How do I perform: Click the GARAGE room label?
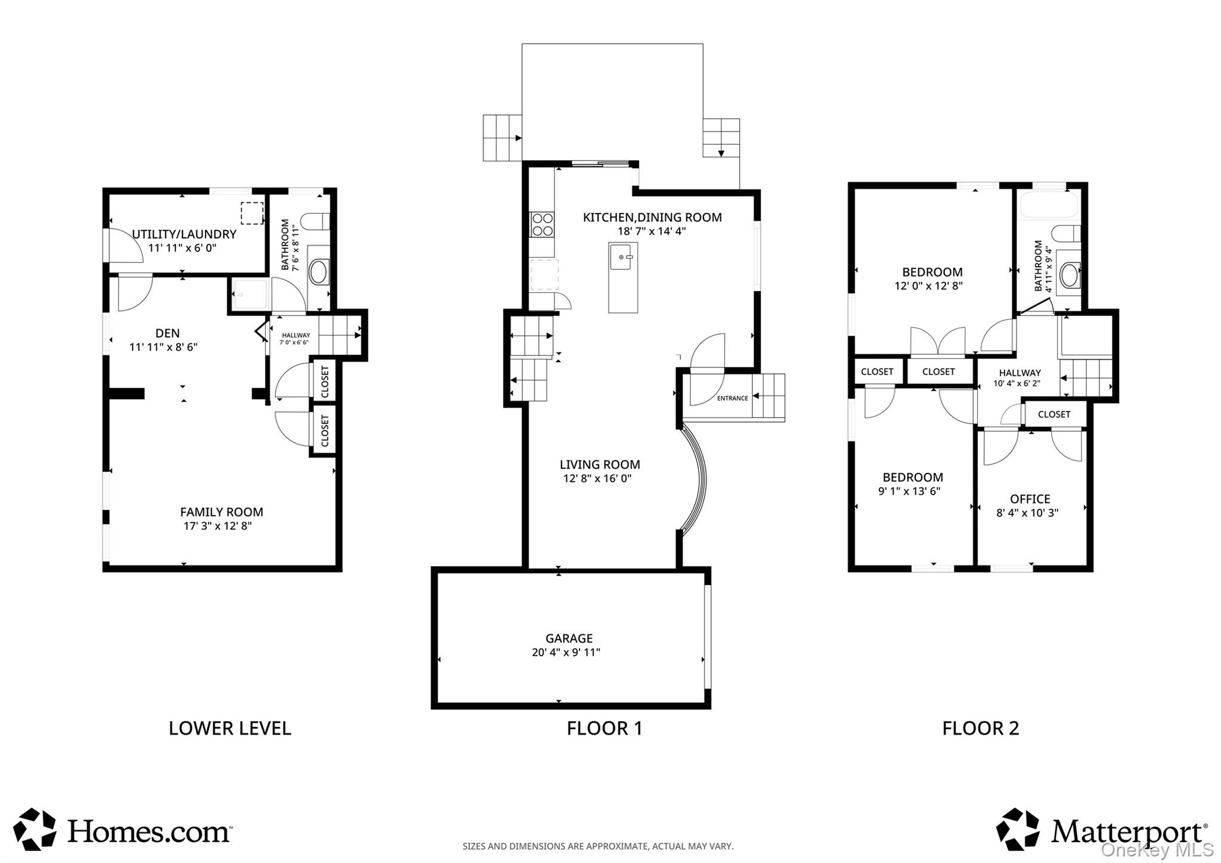(x=569, y=638)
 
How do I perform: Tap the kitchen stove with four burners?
(x=542, y=225)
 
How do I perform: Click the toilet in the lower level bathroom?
(x=314, y=222)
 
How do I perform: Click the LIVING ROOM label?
(x=600, y=465)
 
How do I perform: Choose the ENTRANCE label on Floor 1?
(x=732, y=398)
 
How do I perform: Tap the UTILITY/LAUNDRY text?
(x=184, y=234)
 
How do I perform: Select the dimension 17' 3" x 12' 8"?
(x=218, y=526)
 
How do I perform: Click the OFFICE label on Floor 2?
(x=1030, y=499)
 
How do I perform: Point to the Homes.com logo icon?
(x=35, y=829)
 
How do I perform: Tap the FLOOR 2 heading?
(x=981, y=728)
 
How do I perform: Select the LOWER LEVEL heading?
(x=230, y=728)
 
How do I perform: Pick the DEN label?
(x=168, y=333)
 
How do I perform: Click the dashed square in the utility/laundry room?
(x=252, y=214)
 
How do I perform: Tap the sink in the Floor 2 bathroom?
(x=1070, y=276)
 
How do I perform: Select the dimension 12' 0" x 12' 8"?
(x=928, y=286)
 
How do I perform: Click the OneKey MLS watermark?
(x=1157, y=849)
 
